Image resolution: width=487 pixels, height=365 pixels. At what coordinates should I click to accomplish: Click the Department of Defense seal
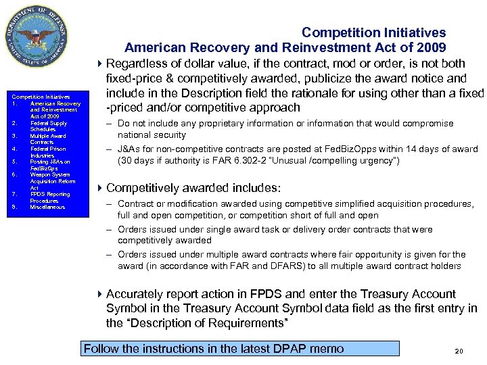[x=39, y=39]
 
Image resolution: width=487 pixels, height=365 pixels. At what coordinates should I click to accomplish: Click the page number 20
[x=459, y=351]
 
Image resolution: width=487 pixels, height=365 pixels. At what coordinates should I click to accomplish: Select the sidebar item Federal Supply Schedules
[x=48, y=126]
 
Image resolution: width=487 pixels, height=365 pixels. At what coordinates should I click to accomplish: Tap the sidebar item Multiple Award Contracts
[x=45, y=139]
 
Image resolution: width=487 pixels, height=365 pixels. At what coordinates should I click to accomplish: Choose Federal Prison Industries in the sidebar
[x=47, y=152]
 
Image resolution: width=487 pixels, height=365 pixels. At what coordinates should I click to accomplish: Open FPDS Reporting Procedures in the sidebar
[x=49, y=197]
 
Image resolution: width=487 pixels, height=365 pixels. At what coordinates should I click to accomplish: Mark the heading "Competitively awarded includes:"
[x=193, y=188]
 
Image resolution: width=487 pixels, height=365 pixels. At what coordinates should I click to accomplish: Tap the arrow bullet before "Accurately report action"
[x=100, y=294]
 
